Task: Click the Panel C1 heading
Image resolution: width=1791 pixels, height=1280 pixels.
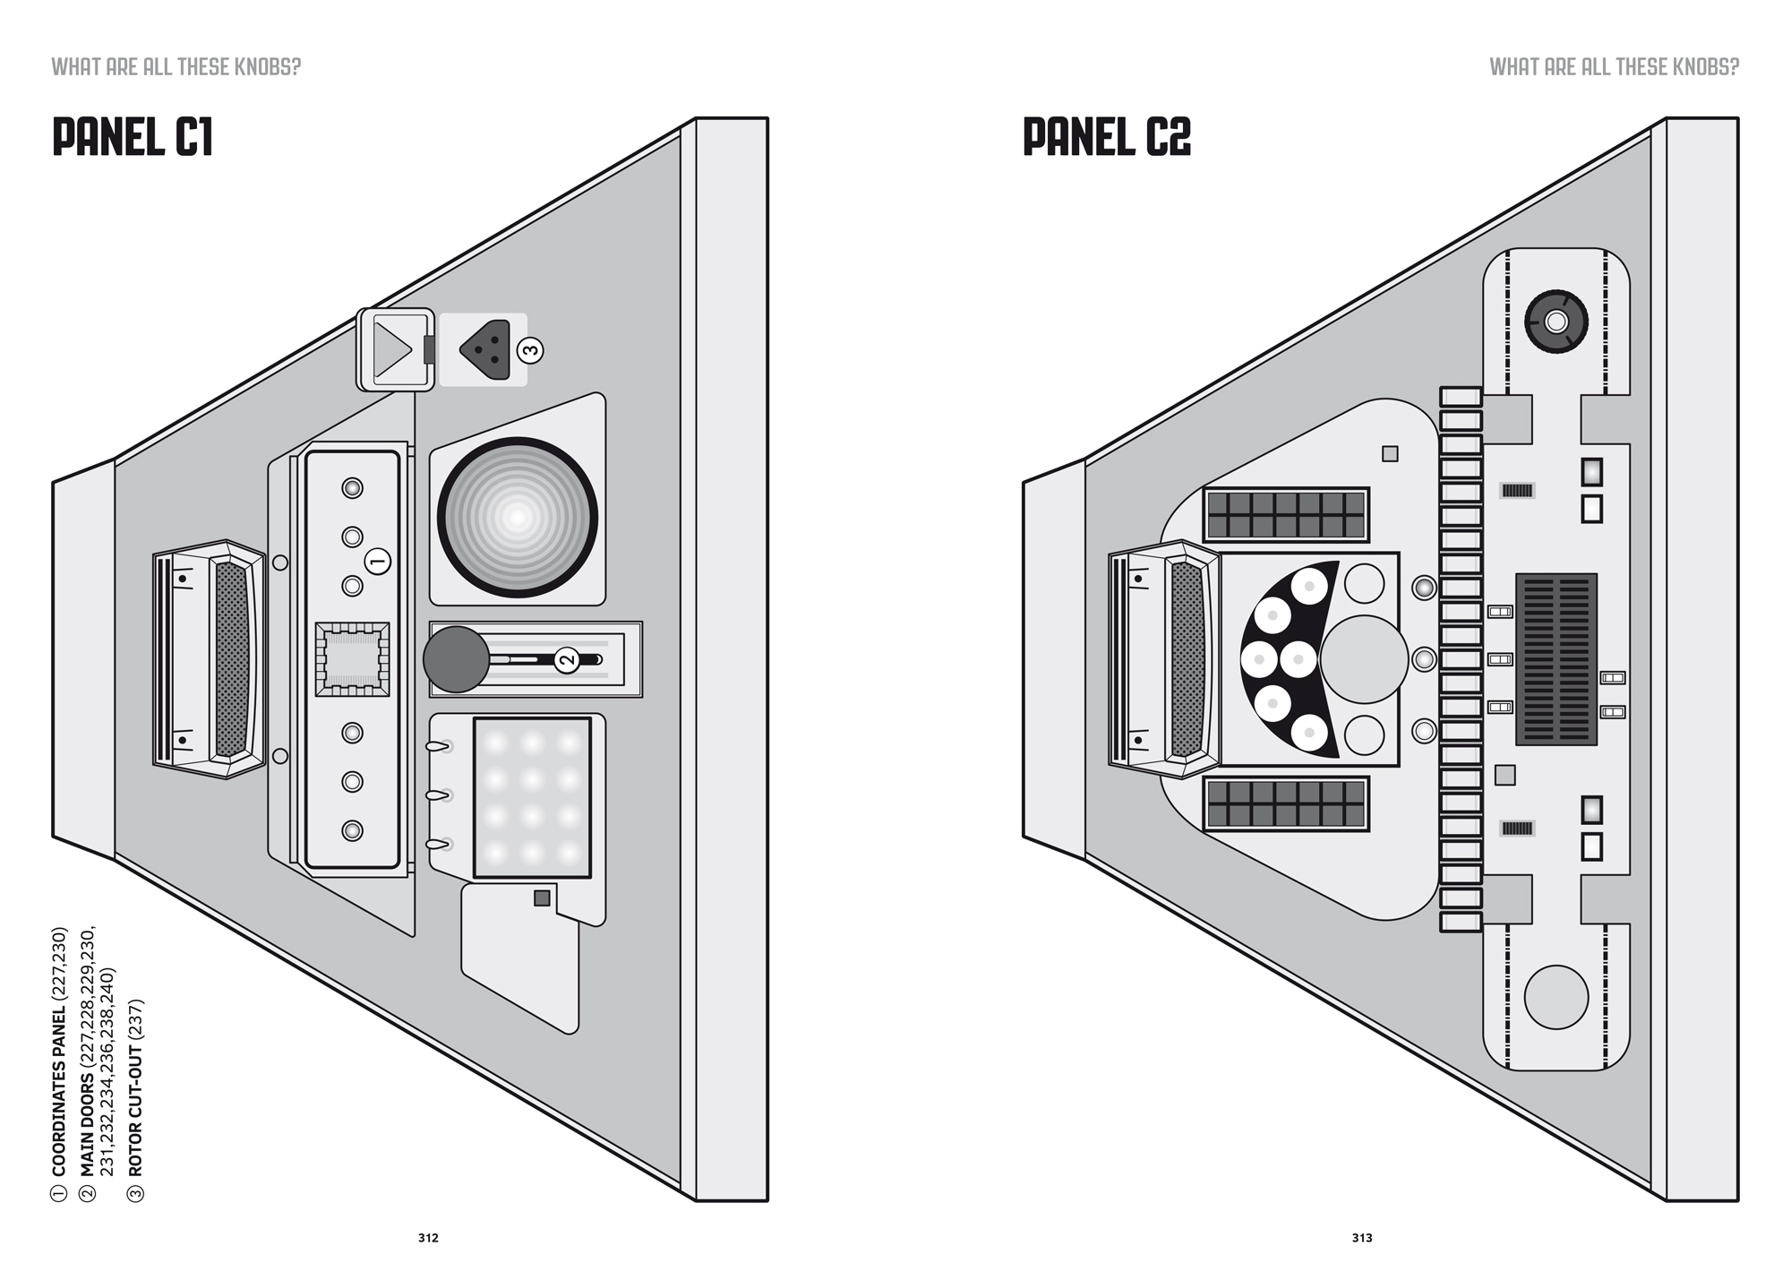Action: click(x=133, y=138)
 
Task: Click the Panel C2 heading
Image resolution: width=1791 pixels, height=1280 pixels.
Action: click(x=1107, y=138)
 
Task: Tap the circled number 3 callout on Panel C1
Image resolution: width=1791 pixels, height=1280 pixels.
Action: click(x=531, y=349)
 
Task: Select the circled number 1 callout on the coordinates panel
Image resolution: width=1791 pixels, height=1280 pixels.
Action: click(x=378, y=562)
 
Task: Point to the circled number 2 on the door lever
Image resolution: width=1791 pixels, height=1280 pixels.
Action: click(x=567, y=660)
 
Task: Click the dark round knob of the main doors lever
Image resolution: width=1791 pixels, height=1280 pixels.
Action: click(x=457, y=659)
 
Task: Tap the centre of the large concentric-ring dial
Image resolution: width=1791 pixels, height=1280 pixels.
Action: click(x=518, y=518)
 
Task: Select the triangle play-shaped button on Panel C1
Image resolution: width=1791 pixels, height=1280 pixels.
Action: click(x=392, y=349)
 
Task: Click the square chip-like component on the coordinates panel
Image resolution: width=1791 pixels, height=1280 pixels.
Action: click(x=353, y=659)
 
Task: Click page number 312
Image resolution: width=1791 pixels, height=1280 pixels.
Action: click(x=428, y=1238)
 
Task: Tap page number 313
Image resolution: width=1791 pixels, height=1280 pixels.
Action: click(x=1362, y=1238)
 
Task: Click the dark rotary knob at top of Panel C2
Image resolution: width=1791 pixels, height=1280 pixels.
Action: click(x=1556, y=322)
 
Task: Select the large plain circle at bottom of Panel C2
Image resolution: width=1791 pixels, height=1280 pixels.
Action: click(x=1556, y=997)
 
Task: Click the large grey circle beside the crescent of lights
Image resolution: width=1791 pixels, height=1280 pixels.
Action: click(x=1364, y=659)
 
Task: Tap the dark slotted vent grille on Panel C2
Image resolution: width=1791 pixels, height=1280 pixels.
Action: click(x=1556, y=659)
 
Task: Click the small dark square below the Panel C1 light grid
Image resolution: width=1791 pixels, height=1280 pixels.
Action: click(x=542, y=898)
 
